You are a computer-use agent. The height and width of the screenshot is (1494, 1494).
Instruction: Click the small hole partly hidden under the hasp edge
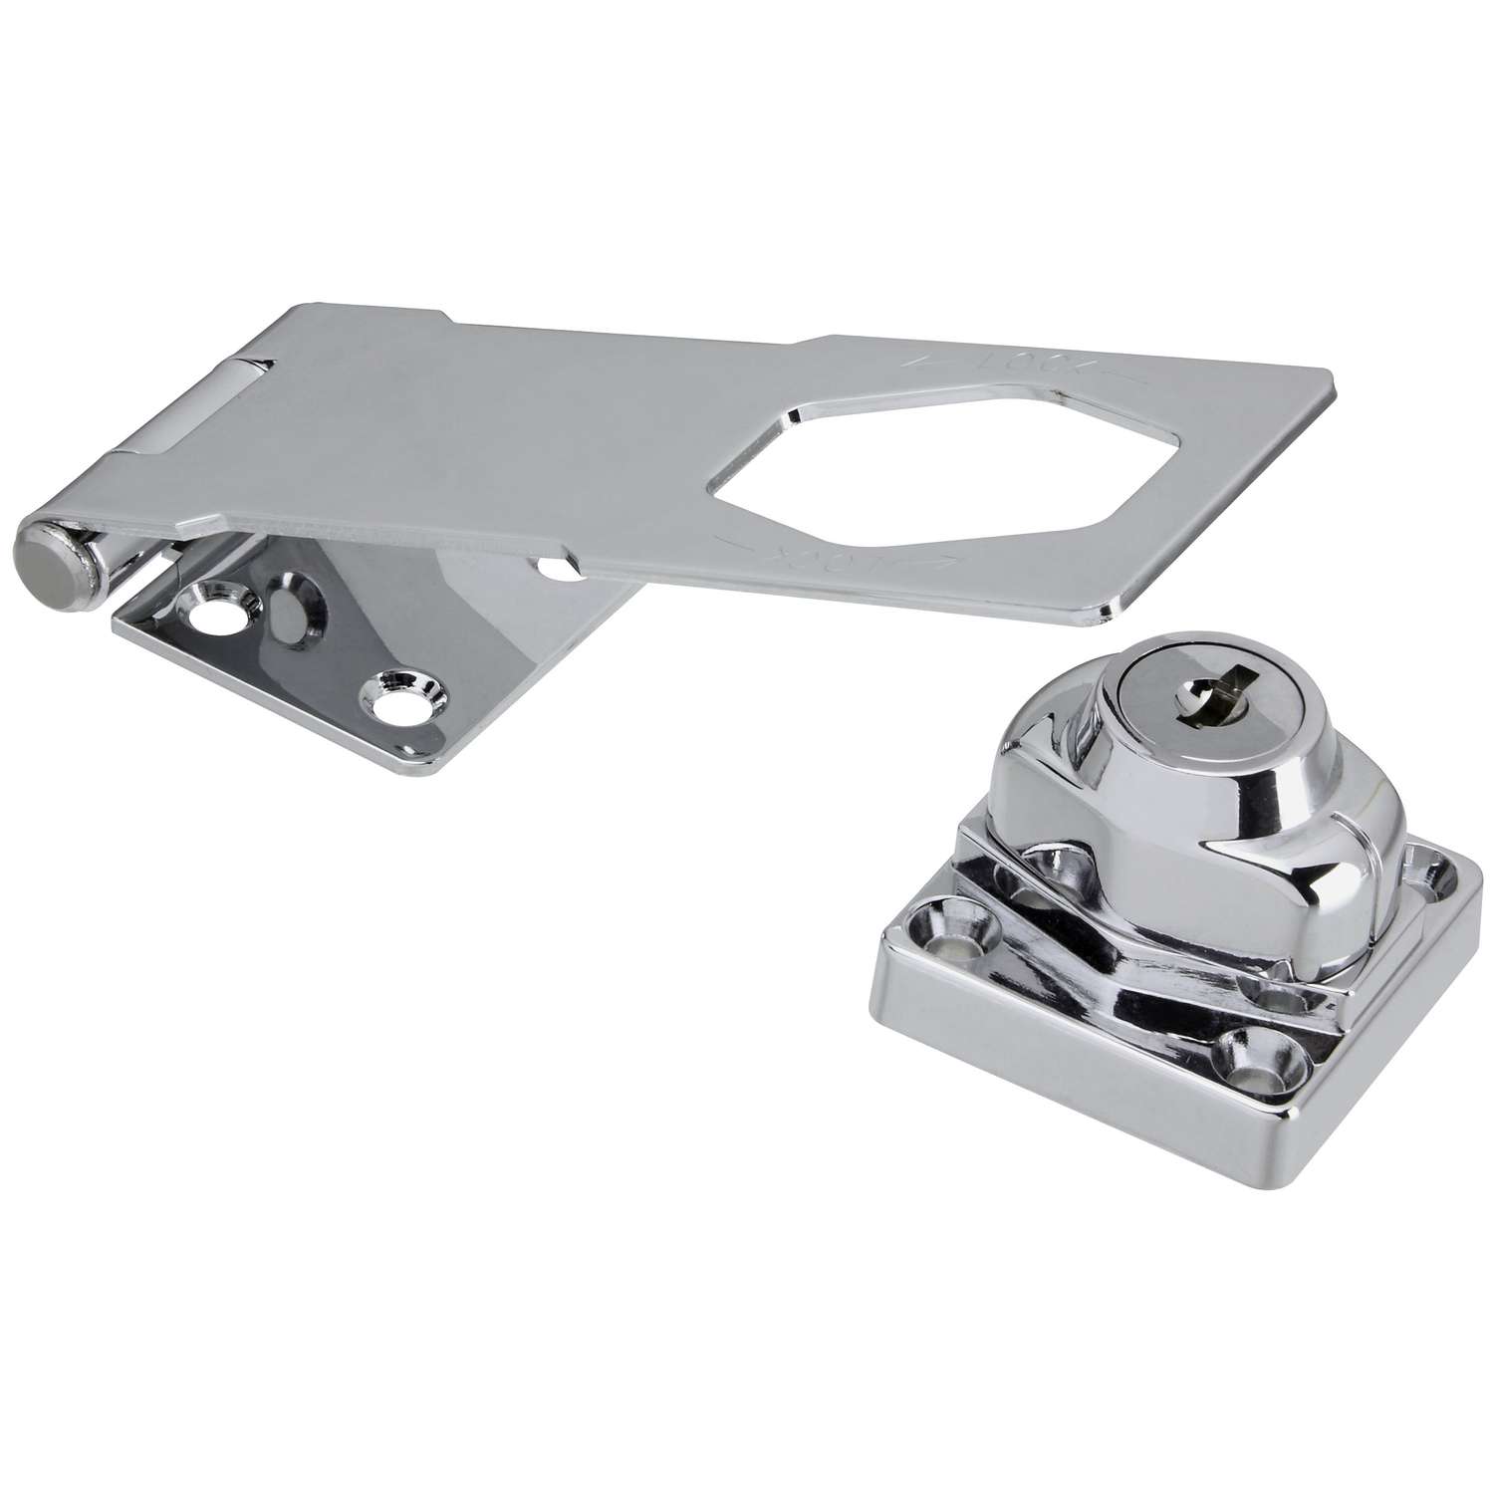[x=551, y=569]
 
